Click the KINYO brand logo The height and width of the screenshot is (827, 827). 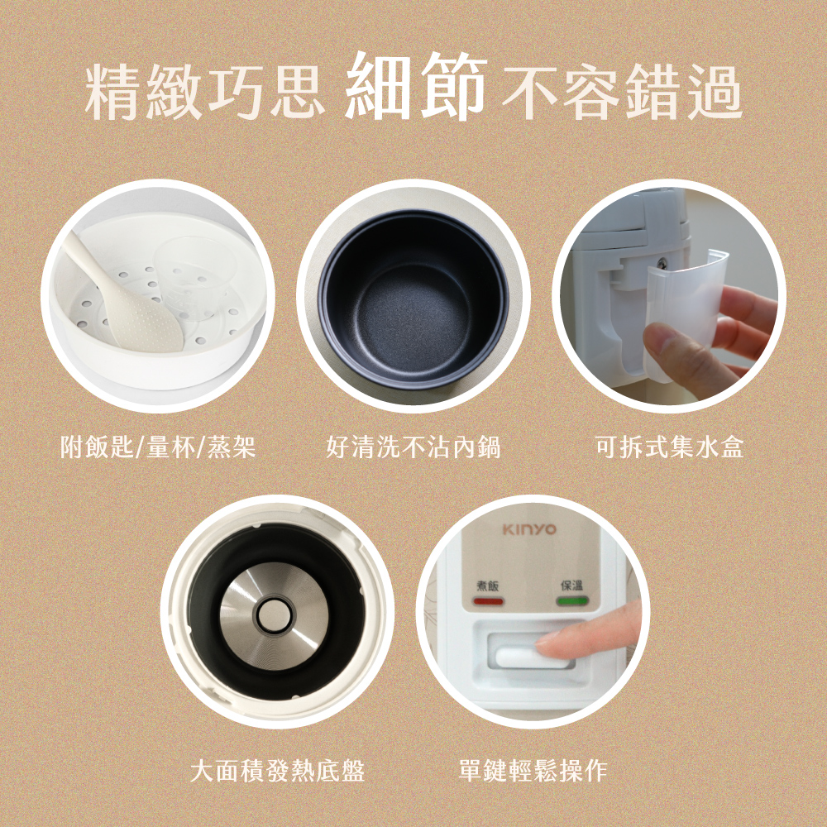pos(529,529)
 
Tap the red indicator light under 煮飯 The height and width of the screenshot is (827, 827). pos(488,601)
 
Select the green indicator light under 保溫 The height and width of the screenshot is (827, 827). pos(571,600)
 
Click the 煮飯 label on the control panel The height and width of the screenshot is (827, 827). pos(487,586)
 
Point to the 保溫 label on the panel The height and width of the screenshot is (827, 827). pos(571,586)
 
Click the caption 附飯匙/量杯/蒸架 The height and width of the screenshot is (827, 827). pos(158,447)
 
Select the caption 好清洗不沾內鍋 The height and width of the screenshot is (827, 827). pos(413,447)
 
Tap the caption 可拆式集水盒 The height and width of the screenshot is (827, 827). pos(669,447)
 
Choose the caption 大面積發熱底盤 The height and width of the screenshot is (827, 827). pos(277,771)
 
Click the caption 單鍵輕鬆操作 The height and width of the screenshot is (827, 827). pos(533,771)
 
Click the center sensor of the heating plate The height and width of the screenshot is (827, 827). pos(274,615)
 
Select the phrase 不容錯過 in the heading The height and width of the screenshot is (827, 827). pos(622,91)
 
